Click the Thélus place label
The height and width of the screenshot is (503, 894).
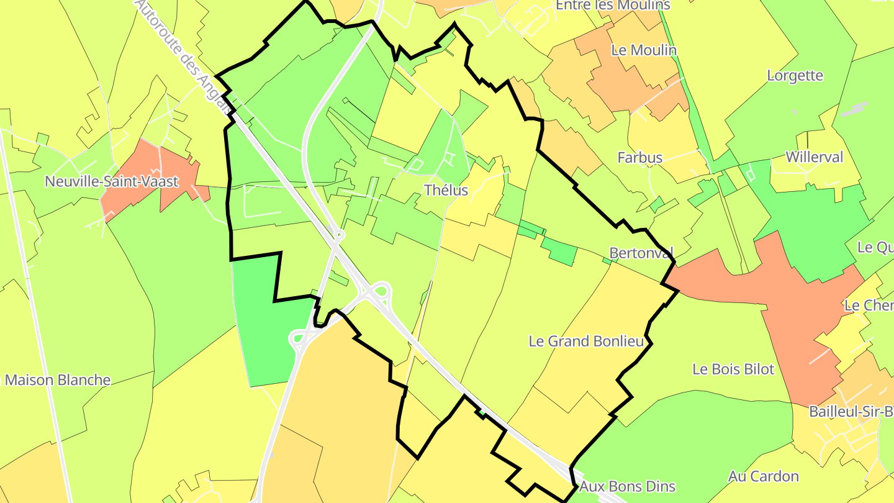(x=446, y=190)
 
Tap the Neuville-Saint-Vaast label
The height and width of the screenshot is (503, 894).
(x=112, y=182)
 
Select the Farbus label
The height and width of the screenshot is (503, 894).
(x=639, y=158)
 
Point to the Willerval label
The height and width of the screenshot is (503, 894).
(x=814, y=157)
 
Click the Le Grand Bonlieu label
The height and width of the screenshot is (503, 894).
(x=586, y=341)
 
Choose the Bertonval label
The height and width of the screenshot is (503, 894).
(x=641, y=253)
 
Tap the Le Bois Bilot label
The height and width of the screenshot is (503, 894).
(x=733, y=369)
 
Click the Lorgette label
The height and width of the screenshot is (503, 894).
(x=795, y=76)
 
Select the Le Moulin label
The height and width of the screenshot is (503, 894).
(x=644, y=50)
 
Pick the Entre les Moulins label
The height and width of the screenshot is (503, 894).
(x=613, y=6)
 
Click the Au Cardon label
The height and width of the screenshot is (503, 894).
(x=763, y=476)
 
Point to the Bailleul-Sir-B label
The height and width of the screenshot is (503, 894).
(x=851, y=411)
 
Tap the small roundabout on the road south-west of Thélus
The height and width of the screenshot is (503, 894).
(x=338, y=235)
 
